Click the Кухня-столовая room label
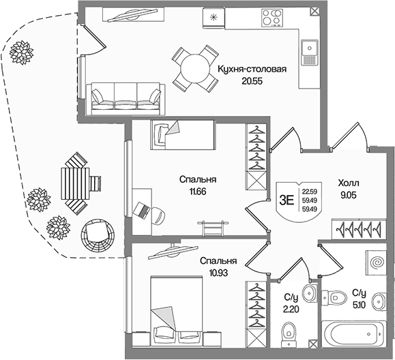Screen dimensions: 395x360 (x=252, y=69)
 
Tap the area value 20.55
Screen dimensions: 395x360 (x=252, y=81)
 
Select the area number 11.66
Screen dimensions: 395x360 (x=198, y=192)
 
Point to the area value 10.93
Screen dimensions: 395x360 (x=218, y=273)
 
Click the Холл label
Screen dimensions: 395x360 (x=349, y=183)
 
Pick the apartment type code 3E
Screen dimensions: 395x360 (x=287, y=200)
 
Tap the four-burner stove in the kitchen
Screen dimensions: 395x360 (x=272, y=17)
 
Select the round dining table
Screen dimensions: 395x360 (x=195, y=68)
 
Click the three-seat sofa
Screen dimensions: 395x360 (x=126, y=99)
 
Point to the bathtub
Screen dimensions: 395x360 (x=353, y=333)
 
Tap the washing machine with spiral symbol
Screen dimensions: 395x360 (x=376, y=262)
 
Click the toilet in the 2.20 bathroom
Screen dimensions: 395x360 (x=289, y=333)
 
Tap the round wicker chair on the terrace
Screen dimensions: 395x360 (x=98, y=235)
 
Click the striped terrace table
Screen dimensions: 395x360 (x=75, y=184)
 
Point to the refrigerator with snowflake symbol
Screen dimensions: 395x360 (x=214, y=17)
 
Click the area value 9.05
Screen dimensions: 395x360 (x=349, y=195)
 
